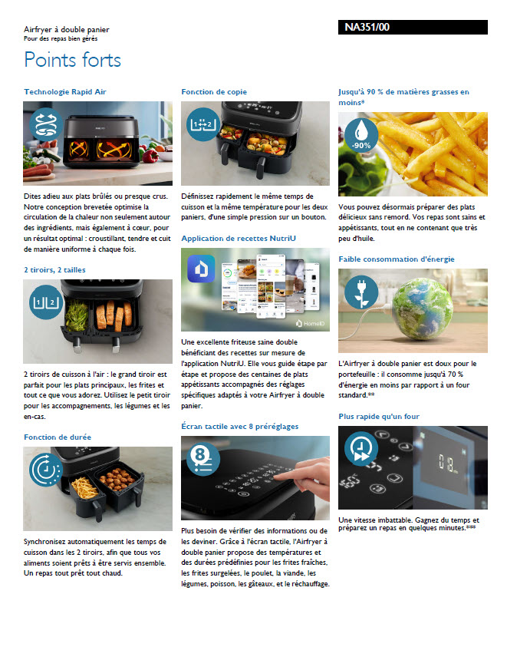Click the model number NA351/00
(367, 28)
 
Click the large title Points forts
(72, 60)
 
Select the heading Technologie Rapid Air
(65, 92)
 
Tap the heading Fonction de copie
(214, 92)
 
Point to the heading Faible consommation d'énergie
(397, 259)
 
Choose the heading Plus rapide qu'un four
(379, 416)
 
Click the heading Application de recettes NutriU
(239, 238)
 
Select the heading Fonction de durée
(58, 437)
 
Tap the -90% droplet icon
(361, 135)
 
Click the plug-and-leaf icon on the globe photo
(361, 292)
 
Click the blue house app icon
(201, 268)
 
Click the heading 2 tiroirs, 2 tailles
(54, 270)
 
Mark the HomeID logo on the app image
(310, 323)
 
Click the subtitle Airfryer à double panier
(67, 29)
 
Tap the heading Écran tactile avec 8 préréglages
(240, 427)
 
